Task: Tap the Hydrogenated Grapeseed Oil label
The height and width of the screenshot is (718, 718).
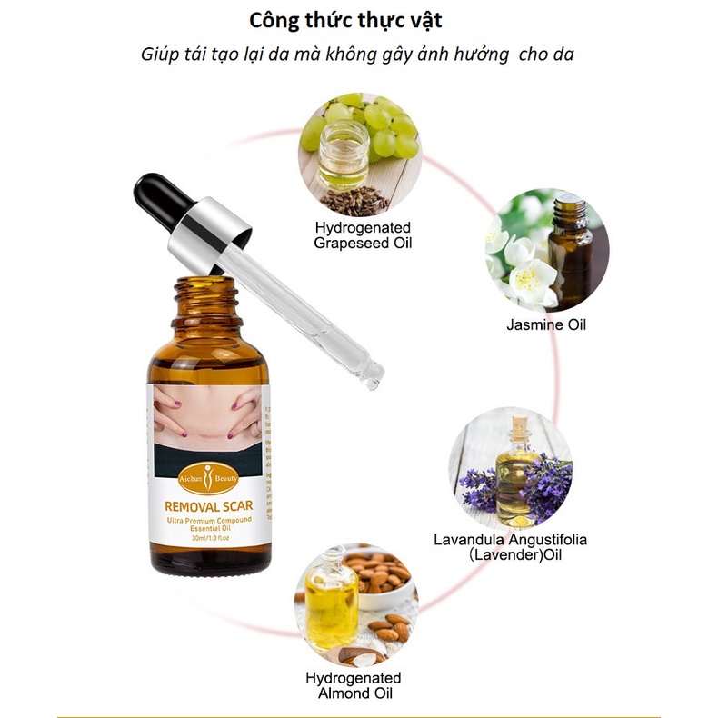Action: [362, 234]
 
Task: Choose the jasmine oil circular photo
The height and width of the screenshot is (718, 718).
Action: [546, 250]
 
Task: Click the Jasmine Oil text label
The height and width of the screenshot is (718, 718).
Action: [546, 324]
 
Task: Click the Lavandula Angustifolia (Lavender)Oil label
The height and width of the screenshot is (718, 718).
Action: [510, 546]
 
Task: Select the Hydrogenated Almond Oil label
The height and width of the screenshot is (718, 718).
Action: [353, 686]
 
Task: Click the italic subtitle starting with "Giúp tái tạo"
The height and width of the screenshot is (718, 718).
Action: [359, 54]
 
